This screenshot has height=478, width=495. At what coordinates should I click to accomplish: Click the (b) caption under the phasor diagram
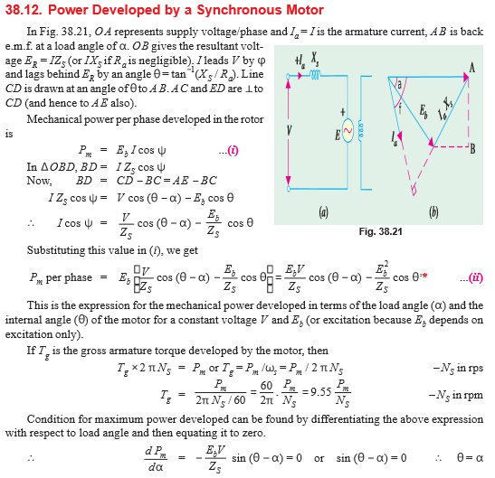click(x=433, y=213)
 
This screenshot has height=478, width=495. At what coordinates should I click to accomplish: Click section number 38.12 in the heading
click(x=23, y=10)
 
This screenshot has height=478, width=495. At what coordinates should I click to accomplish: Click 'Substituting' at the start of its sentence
click(x=54, y=248)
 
